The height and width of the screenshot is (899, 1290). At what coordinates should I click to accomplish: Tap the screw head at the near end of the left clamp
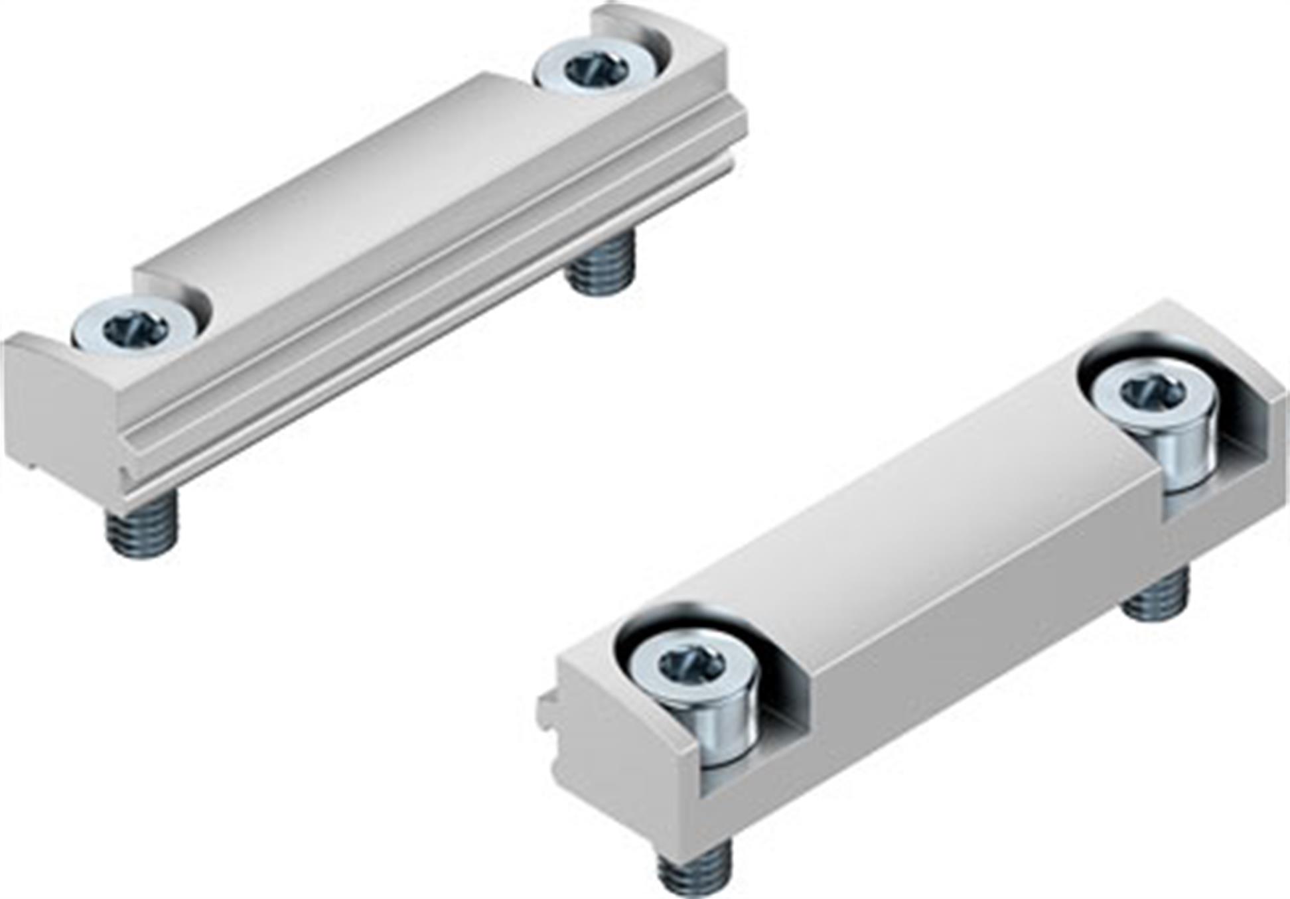[129, 326]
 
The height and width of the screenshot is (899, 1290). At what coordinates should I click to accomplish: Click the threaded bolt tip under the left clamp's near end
[142, 527]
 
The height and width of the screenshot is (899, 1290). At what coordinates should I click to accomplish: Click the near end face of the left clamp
[60, 411]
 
